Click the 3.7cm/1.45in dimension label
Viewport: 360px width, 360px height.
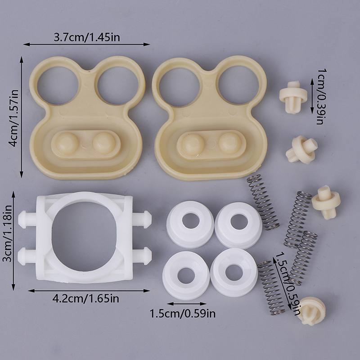pos(87,37)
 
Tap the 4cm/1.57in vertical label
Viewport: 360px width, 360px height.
pos(13,118)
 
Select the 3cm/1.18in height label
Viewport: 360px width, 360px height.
pos(7,234)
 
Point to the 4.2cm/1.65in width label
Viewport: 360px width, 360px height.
pos(86,299)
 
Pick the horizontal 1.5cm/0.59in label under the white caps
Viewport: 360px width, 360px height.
pos(183,314)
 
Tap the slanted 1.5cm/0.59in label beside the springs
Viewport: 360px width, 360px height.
pos(288,284)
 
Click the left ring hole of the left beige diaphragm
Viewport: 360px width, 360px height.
pos(58,85)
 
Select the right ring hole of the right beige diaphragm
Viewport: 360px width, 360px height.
pos(239,85)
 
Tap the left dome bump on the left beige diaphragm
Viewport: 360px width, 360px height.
pos(67,143)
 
